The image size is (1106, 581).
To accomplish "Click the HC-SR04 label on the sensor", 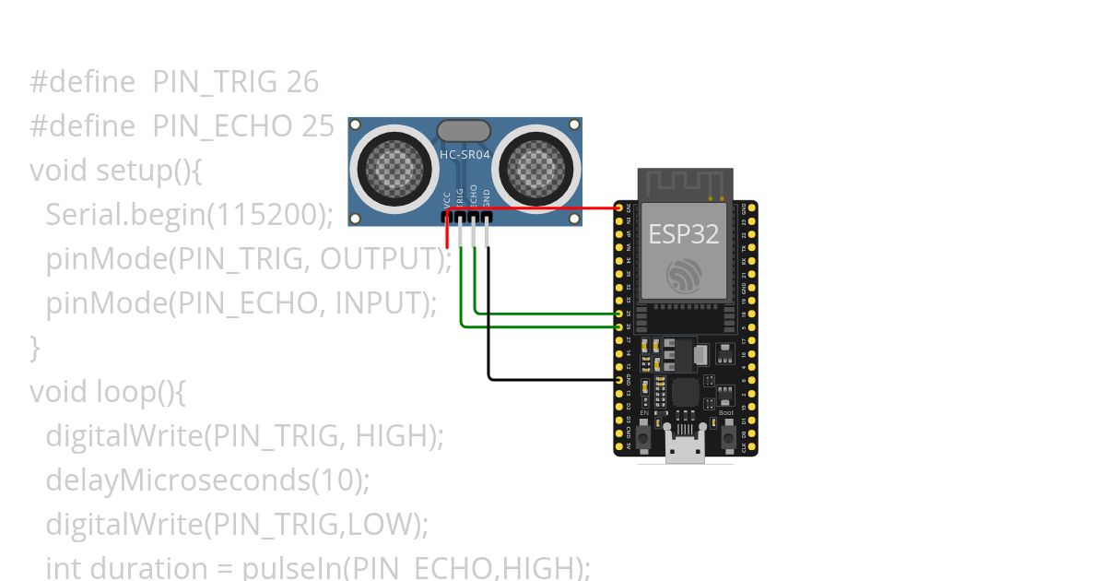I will pos(465,155).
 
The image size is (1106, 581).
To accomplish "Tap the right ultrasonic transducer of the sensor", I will pos(535,167).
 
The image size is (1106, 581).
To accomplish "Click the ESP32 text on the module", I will pos(683,233).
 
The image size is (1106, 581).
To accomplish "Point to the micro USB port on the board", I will pos(685,449).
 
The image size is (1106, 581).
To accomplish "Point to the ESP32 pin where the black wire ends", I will pos(618,379).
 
